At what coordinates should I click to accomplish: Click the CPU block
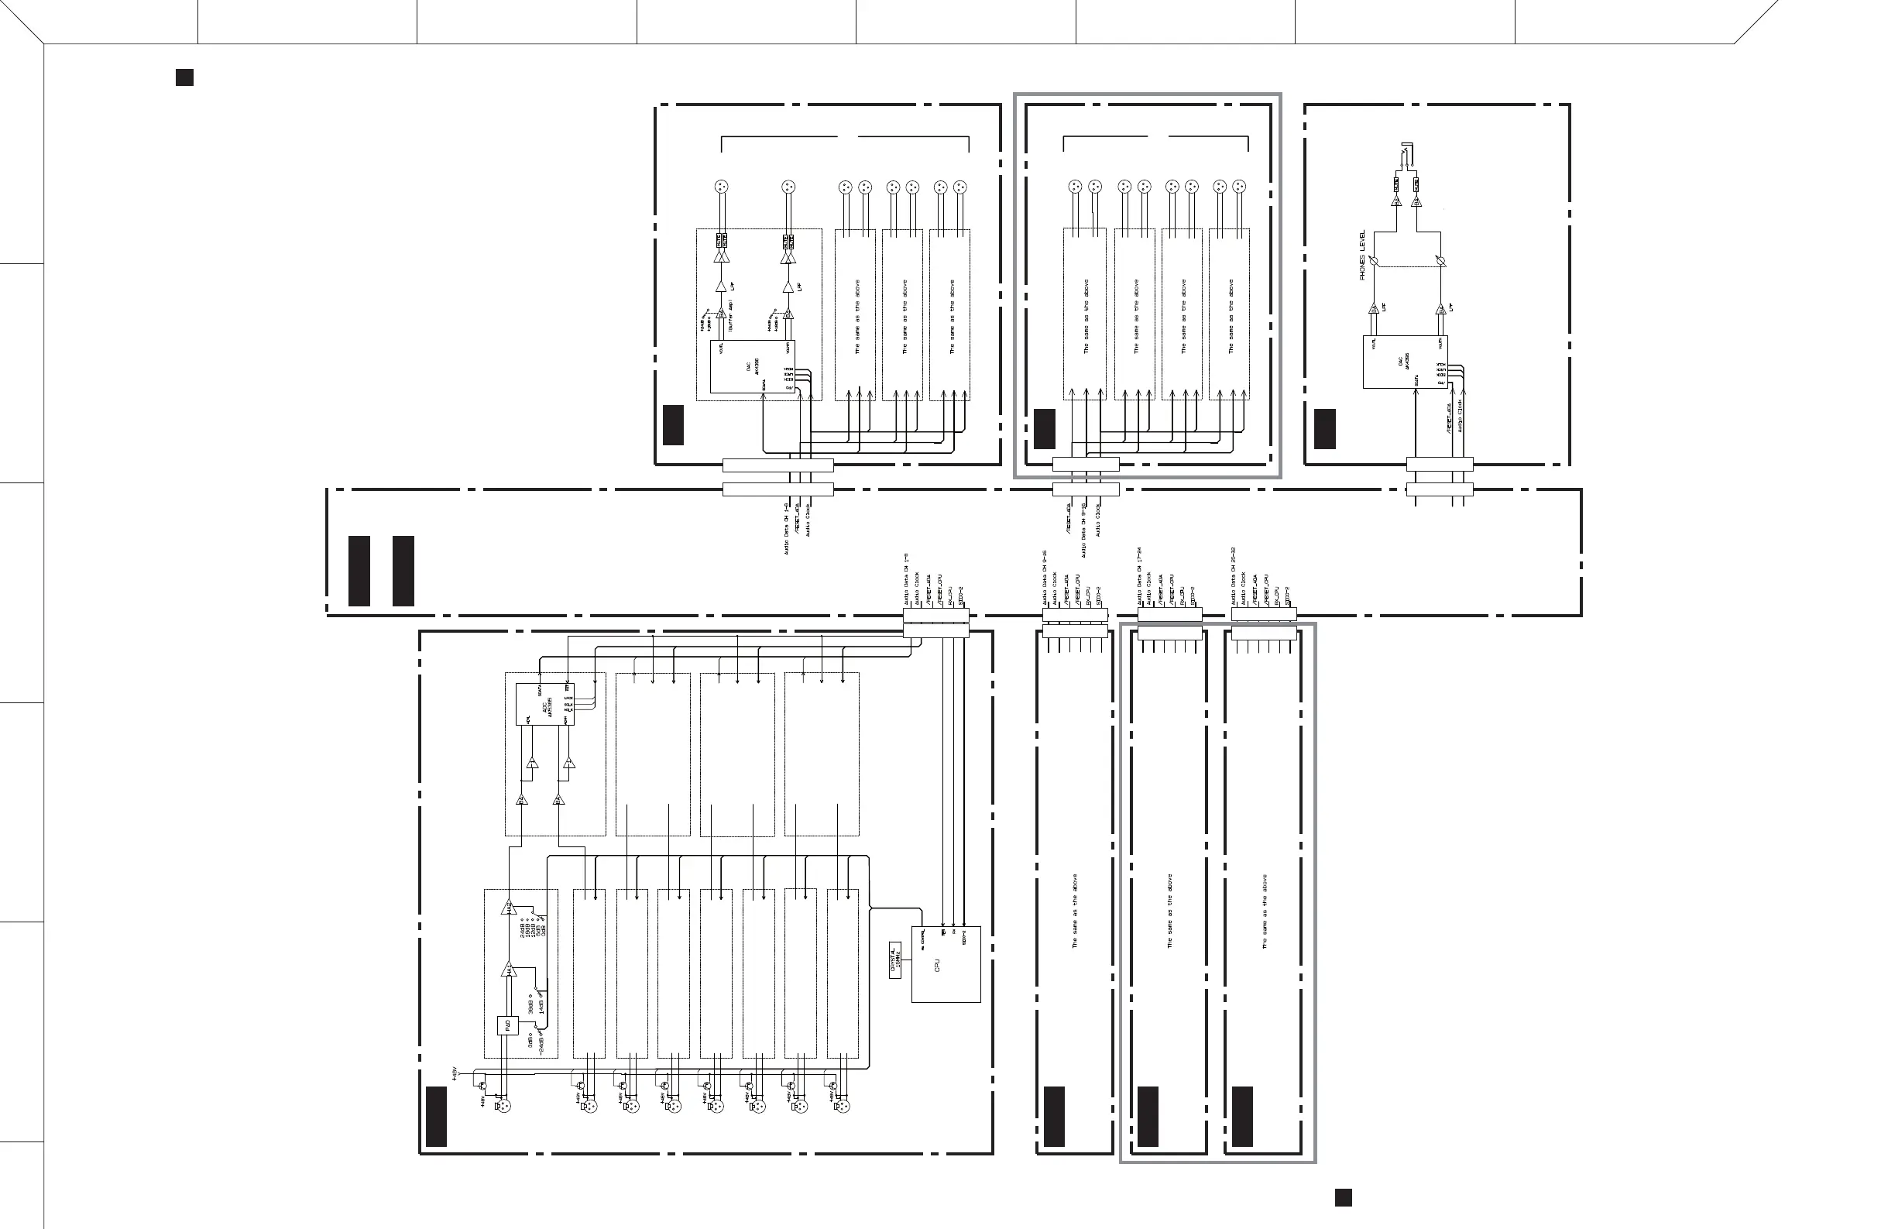pyautogui.click(x=946, y=964)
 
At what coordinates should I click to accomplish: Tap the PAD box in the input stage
pyautogui.click(x=508, y=1025)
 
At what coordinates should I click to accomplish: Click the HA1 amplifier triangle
pyautogui.click(x=509, y=970)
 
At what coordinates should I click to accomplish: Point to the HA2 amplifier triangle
pyautogui.click(x=509, y=907)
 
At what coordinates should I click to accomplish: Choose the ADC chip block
pyautogui.click(x=544, y=704)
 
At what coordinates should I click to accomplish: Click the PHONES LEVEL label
pyautogui.click(x=1362, y=255)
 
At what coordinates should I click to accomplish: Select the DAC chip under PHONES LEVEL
pyautogui.click(x=1405, y=362)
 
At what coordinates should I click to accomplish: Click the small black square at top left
pyautogui.click(x=184, y=77)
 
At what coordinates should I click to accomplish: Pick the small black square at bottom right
pyautogui.click(x=1343, y=1197)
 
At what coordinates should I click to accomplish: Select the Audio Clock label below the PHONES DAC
pyautogui.click(x=1461, y=417)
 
